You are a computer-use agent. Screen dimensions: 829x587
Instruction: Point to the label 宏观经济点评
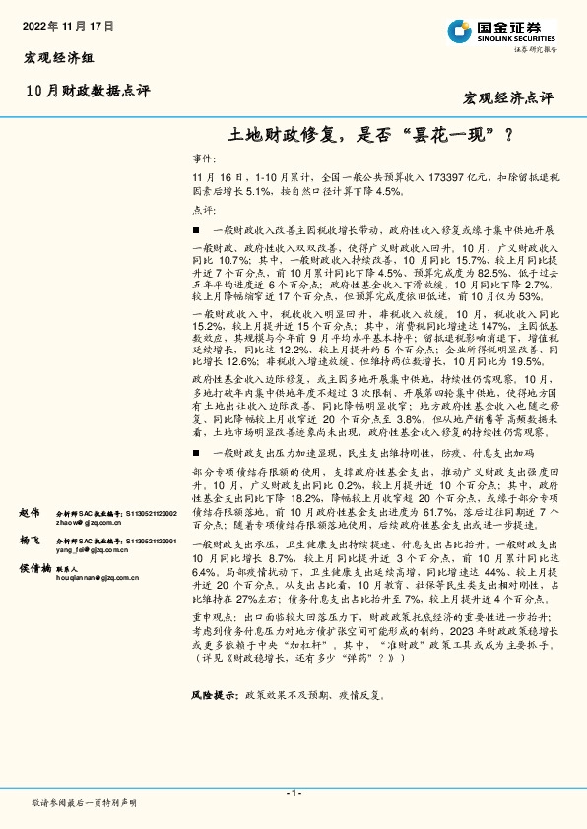pyautogui.click(x=507, y=98)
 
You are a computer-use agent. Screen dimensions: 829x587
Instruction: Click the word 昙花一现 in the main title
pyautogui.click(x=449, y=133)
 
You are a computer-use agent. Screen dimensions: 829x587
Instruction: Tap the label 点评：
pyautogui.click(x=202, y=211)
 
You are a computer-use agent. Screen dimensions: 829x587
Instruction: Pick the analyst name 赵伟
pyautogui.click(x=29, y=513)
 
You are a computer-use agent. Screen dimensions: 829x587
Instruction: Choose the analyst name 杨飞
pyautogui.click(x=29, y=541)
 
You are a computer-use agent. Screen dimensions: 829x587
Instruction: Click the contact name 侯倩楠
pyautogui.click(x=34, y=568)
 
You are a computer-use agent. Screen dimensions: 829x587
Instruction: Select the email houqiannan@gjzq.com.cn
pyautogui.click(x=98, y=581)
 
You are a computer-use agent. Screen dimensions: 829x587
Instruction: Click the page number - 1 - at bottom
pyautogui.click(x=293, y=792)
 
